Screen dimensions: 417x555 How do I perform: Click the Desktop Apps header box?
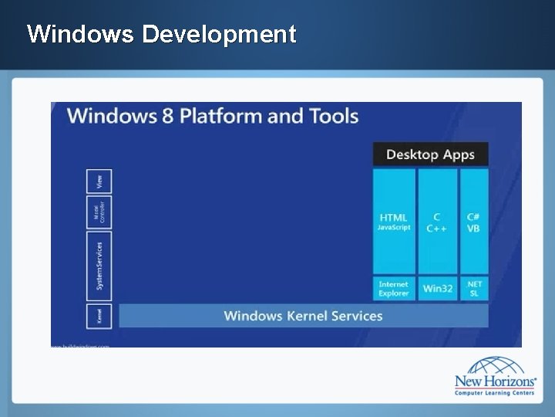(x=430, y=154)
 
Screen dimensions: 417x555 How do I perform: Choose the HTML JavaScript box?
(x=393, y=222)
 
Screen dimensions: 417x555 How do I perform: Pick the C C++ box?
(x=437, y=222)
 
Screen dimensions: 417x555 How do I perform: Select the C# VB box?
(x=474, y=222)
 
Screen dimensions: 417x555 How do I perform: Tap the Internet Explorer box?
(x=393, y=289)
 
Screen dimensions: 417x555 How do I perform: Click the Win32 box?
(x=437, y=289)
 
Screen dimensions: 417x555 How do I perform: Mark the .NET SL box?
(x=474, y=289)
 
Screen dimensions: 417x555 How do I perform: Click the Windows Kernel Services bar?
(x=303, y=315)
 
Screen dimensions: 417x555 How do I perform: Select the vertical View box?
(x=99, y=181)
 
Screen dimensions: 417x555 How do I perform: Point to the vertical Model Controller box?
(x=99, y=213)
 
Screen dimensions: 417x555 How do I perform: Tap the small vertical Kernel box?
(x=99, y=315)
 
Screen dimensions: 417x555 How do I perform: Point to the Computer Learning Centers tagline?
(x=493, y=393)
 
